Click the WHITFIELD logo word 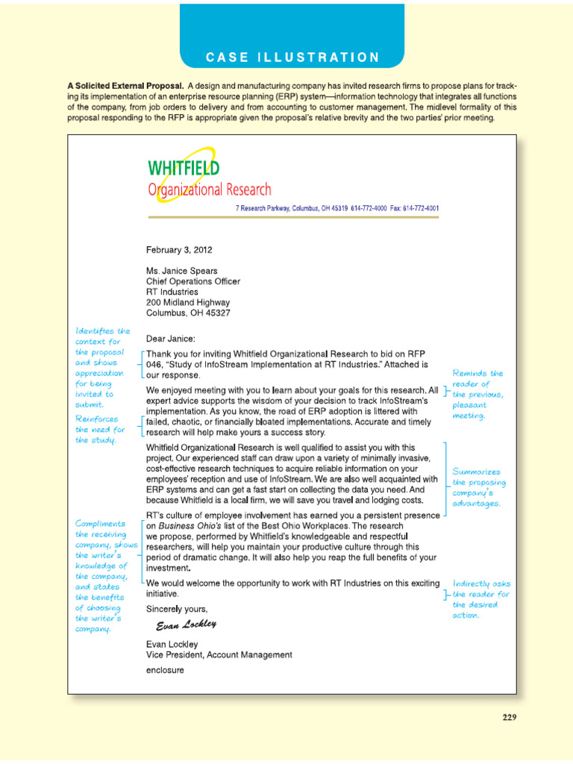pyautogui.click(x=184, y=168)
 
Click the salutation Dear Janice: pyautogui.click(x=170, y=338)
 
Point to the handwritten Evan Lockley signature pyautogui.click(x=186, y=624)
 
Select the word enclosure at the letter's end pyautogui.click(x=165, y=670)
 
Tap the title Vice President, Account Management pyautogui.click(x=219, y=655)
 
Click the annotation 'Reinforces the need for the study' pyautogui.click(x=100, y=430)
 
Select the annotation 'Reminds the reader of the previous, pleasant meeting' pyautogui.click(x=478, y=394)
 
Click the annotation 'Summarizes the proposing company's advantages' pyautogui.click(x=477, y=487)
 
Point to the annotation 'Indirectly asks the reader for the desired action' pyautogui.click(x=481, y=599)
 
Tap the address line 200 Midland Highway pyautogui.click(x=188, y=302)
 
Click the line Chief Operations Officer pyautogui.click(x=193, y=281)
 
